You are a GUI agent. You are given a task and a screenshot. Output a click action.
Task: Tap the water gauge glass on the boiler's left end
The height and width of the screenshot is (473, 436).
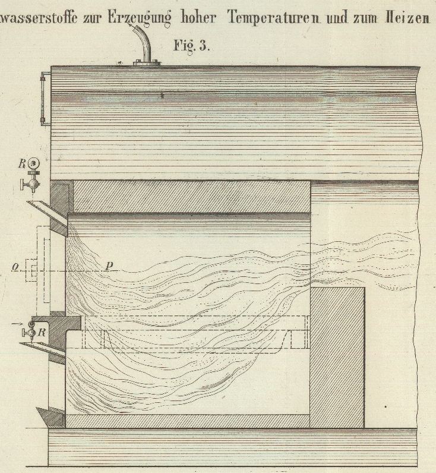pos(43,99)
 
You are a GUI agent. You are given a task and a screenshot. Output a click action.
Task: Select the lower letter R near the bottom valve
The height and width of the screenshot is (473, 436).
pos(41,332)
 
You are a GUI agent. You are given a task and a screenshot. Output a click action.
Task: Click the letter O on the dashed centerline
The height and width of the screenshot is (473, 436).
pos(13,268)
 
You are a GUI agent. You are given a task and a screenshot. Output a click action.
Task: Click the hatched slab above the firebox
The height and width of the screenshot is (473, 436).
pos(190,196)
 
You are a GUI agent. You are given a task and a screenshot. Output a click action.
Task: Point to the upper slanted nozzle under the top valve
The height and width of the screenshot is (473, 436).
pos(45,207)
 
